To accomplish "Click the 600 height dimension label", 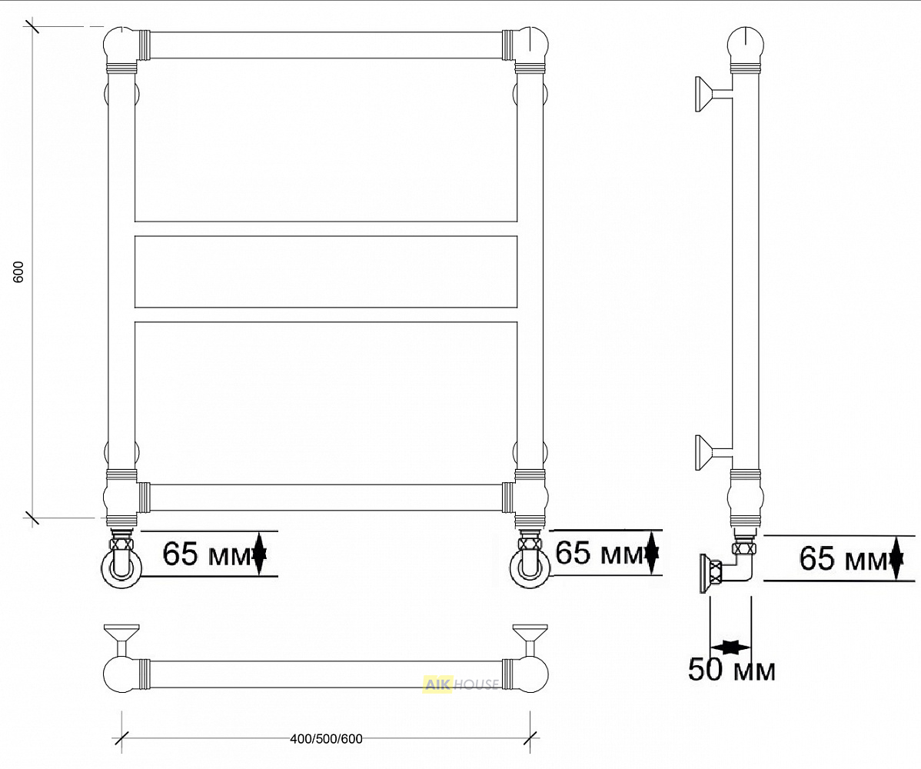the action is pos(18,272).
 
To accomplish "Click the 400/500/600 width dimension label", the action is pos(326,738).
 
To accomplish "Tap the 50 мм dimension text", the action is pos(731,669).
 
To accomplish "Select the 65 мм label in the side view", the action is pos(843,558).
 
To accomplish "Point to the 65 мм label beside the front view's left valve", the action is pos(206,553).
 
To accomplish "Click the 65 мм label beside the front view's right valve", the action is pos(599,552).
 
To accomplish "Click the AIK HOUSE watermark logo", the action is pos(460,684).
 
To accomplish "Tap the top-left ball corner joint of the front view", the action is pos(121,45).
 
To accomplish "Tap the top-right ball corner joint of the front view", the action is pos(531,45).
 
